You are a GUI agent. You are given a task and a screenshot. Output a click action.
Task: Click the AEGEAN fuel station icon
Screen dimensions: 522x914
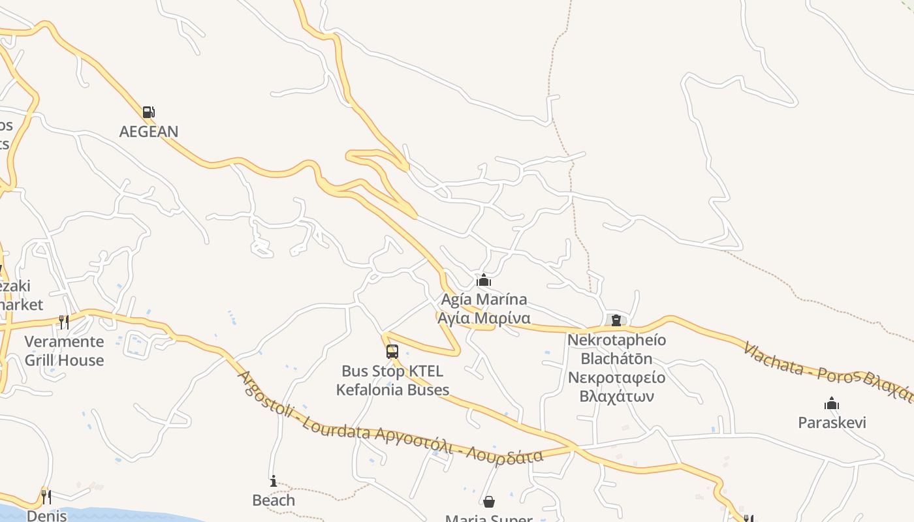point(149,112)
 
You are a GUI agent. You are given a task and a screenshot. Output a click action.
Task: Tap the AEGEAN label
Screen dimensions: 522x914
point(149,131)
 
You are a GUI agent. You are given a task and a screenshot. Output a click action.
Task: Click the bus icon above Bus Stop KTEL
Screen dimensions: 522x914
point(392,352)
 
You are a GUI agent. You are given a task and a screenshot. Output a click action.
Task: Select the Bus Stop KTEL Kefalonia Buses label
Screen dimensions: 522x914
point(392,380)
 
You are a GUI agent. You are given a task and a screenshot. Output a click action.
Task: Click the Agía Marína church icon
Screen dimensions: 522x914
point(484,281)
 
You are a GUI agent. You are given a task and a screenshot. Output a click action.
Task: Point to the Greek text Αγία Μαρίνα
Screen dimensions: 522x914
point(484,318)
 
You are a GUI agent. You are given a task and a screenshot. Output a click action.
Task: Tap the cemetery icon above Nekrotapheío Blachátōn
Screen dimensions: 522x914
point(616,320)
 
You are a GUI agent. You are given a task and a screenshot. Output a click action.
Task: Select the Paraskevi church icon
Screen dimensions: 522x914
point(832,404)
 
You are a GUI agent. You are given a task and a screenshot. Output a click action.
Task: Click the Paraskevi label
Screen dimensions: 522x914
point(832,422)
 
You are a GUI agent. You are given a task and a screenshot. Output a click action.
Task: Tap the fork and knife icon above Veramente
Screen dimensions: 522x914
point(64,322)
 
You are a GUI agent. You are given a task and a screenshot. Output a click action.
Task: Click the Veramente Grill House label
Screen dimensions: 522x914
point(64,350)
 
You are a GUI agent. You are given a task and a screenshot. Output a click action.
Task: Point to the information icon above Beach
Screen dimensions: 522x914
point(274,482)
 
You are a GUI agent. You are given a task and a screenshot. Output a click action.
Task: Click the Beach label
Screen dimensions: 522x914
point(274,500)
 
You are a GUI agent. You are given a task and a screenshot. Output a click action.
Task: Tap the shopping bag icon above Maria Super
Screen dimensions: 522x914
point(489,502)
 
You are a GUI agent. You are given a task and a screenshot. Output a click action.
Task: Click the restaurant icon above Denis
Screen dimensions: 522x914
point(46,497)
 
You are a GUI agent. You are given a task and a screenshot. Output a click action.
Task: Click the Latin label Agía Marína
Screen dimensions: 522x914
point(484,299)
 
